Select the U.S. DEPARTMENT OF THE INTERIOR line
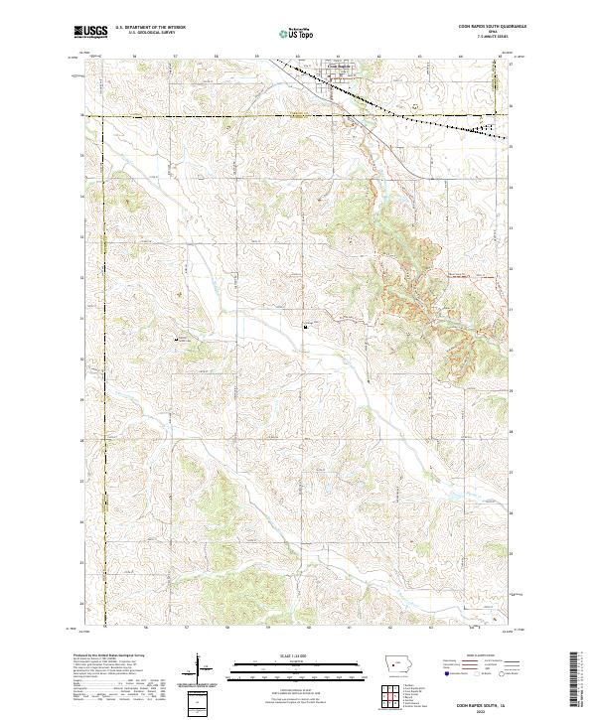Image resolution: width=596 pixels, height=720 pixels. click(150, 27)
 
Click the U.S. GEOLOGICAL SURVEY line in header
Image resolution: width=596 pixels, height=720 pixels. click(144, 32)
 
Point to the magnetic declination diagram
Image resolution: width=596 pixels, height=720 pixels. click(204, 670)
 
